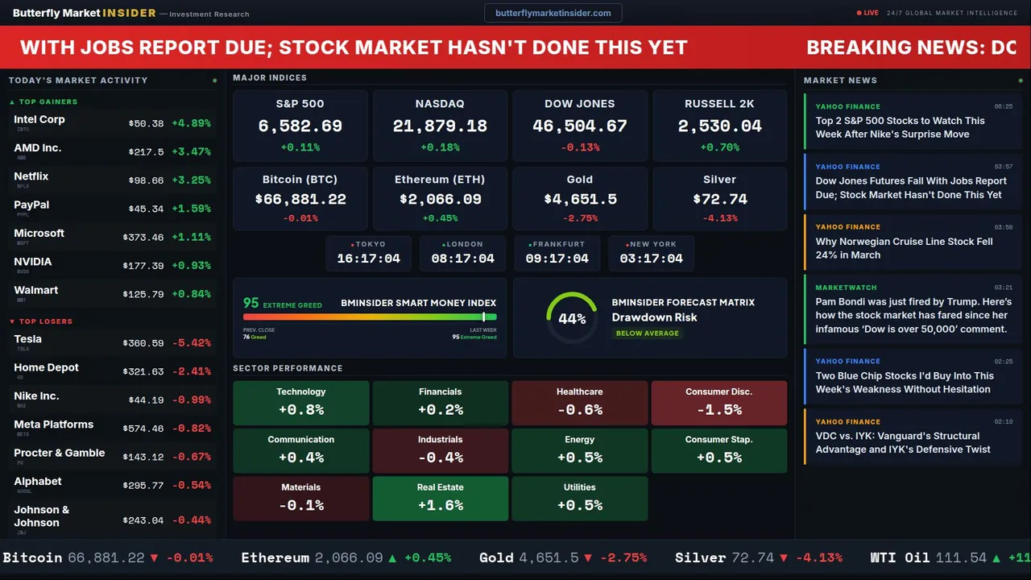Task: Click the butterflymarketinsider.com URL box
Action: [x=553, y=13]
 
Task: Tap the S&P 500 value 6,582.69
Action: [x=300, y=126]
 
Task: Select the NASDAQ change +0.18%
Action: [x=440, y=147]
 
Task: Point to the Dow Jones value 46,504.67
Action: [x=580, y=126]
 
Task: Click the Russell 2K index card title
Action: [x=719, y=104]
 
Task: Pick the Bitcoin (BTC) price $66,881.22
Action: [x=300, y=199]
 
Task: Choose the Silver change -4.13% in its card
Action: [x=719, y=218]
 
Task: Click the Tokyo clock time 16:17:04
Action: [x=368, y=259]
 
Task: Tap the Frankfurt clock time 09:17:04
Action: [x=557, y=259]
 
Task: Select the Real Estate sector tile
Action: [x=440, y=498]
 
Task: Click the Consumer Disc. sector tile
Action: [x=718, y=402]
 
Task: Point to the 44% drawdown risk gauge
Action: [x=572, y=318]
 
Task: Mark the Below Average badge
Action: [x=647, y=333]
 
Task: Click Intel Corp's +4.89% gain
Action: [x=191, y=123]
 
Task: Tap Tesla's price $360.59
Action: [x=146, y=343]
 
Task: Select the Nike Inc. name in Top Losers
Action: [x=36, y=396]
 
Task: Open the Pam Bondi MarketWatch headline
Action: [x=913, y=315]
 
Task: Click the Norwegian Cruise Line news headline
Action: [x=904, y=248]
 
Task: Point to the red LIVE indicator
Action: [x=868, y=13]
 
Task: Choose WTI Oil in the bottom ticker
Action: [x=901, y=557]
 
